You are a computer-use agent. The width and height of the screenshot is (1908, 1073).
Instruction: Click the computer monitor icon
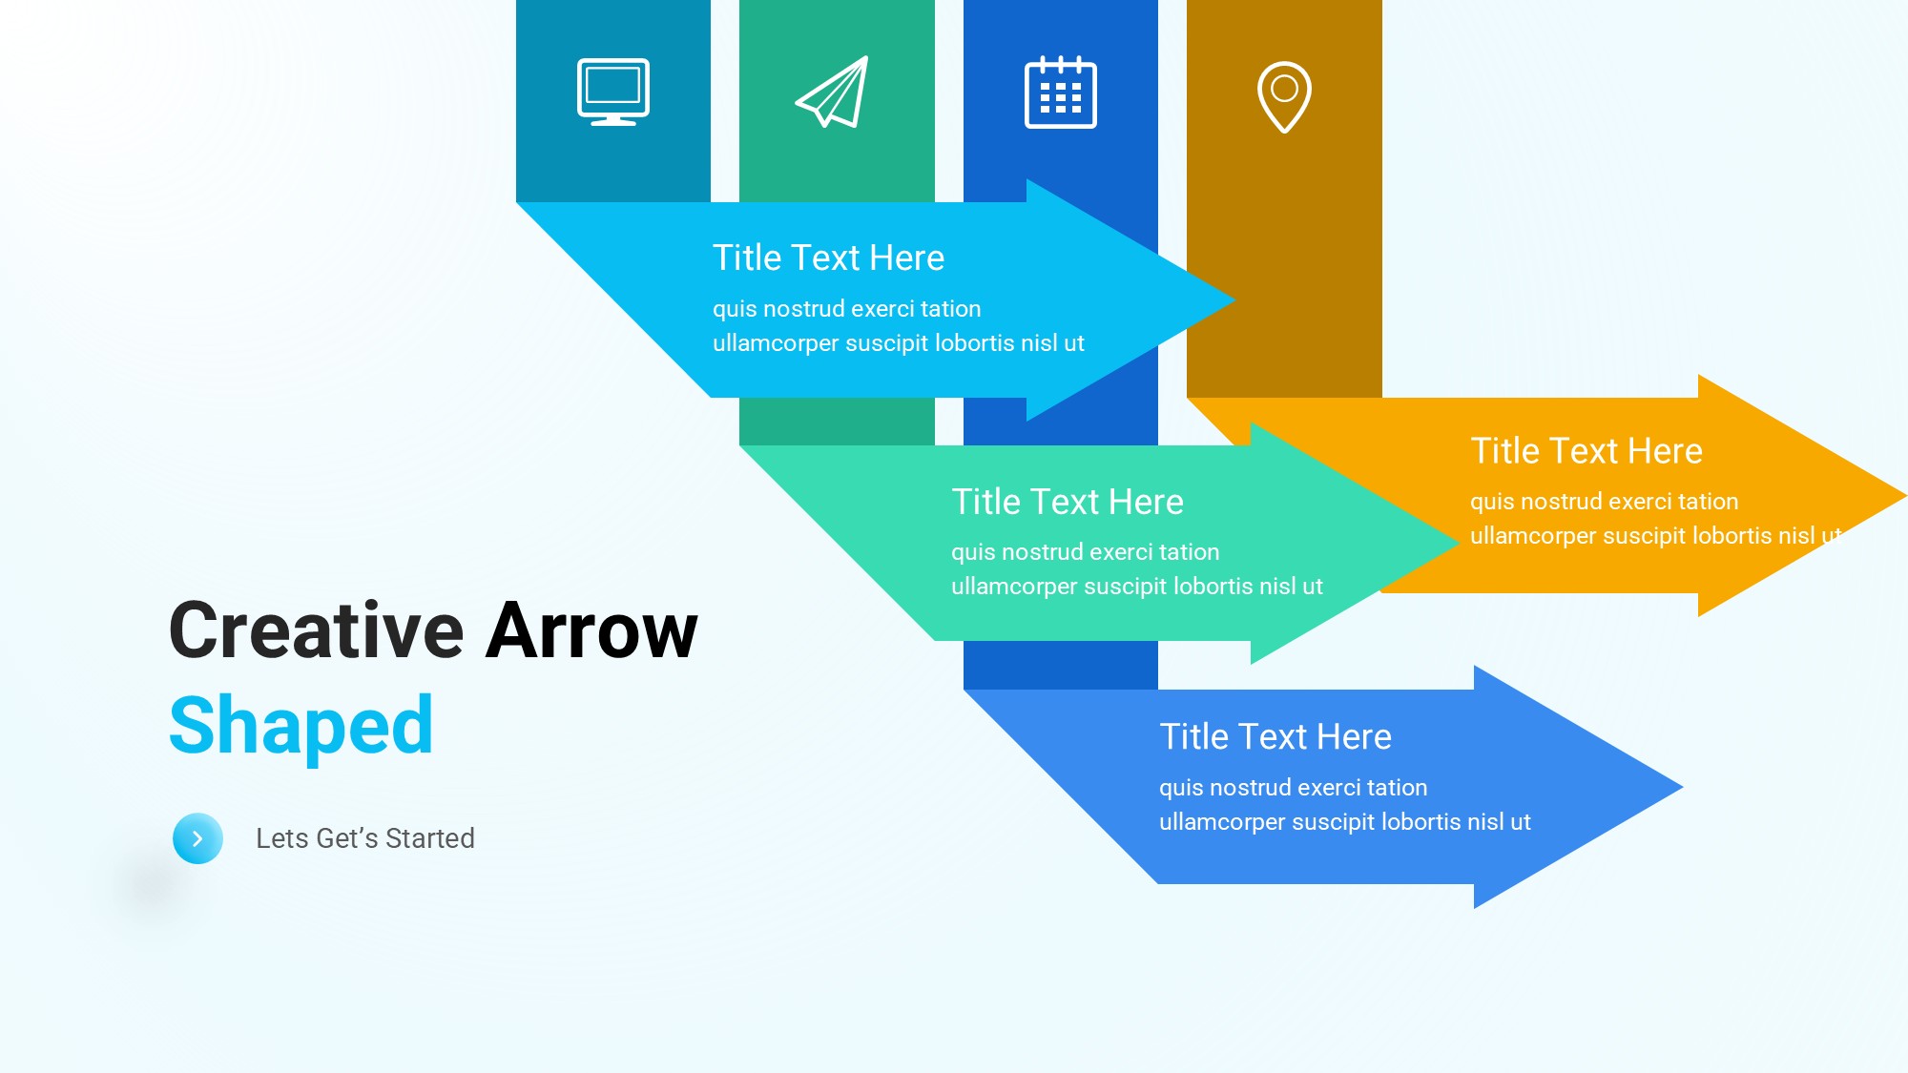tap(613, 93)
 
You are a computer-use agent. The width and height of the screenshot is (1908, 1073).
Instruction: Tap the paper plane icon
tap(833, 92)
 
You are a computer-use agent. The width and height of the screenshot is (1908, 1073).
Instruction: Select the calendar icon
tap(1061, 92)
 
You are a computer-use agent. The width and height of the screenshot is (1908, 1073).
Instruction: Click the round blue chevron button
tap(197, 838)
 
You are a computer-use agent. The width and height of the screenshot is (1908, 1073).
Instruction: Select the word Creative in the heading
tap(317, 630)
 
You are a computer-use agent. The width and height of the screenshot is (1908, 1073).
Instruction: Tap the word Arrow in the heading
tap(591, 630)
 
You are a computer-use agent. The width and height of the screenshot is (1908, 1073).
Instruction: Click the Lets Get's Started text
tap(365, 838)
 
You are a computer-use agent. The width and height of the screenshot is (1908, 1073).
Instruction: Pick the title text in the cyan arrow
tap(829, 258)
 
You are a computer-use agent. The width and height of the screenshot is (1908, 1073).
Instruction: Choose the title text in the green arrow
tap(1068, 502)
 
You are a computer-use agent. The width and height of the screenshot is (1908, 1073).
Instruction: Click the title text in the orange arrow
tap(1587, 450)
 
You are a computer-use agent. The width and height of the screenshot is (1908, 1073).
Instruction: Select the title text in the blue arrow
tap(1275, 736)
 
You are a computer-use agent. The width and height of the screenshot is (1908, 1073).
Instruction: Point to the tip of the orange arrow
tap(1905, 496)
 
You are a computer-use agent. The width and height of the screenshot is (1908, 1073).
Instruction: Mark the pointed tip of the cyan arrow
tap(1234, 300)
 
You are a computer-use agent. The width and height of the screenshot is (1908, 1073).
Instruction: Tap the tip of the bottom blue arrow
tap(1682, 787)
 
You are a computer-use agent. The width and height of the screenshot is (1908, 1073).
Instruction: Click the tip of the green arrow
tap(1459, 543)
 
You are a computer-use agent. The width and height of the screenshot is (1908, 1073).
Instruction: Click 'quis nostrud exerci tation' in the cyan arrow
tap(847, 309)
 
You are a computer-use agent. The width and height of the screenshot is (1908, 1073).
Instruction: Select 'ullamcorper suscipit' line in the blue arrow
tap(1345, 822)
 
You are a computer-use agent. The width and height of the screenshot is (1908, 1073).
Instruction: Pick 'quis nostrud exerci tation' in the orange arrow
tap(1605, 502)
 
